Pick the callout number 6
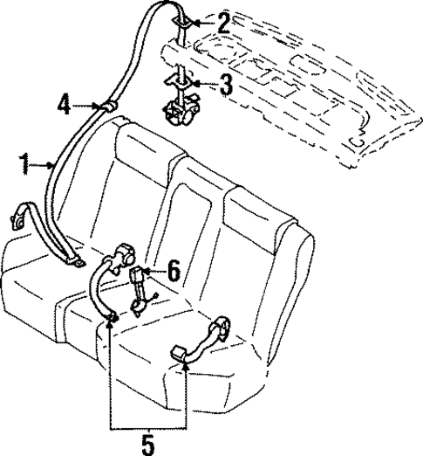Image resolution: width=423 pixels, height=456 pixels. [174, 272]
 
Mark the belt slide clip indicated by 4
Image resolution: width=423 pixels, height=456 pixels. [111, 105]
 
